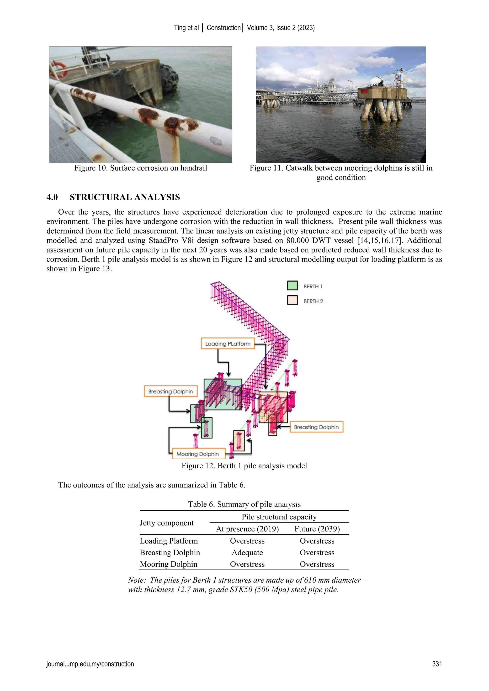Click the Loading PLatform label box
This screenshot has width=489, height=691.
pos(228,343)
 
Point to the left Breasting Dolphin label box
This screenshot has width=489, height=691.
pos(170,391)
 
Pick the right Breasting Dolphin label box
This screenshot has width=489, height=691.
pos(316,427)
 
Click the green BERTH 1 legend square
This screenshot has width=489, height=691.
pos(292,285)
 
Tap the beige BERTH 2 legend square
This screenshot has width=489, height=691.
pos(292,300)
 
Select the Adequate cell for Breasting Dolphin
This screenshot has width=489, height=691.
pos(247,553)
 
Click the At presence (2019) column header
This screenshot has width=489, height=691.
pos(247,529)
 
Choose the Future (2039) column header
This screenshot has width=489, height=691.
pos(317,529)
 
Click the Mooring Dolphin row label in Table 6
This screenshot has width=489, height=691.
pos(168,564)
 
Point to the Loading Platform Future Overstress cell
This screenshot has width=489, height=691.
pos(317,541)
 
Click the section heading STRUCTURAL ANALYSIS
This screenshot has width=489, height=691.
pos(125,197)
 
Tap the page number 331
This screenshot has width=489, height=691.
pos(437,664)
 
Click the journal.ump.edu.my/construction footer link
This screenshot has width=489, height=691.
pos(90,664)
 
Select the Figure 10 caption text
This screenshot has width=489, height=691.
pos(141,168)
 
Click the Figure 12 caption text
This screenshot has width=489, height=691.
pos(244,466)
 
